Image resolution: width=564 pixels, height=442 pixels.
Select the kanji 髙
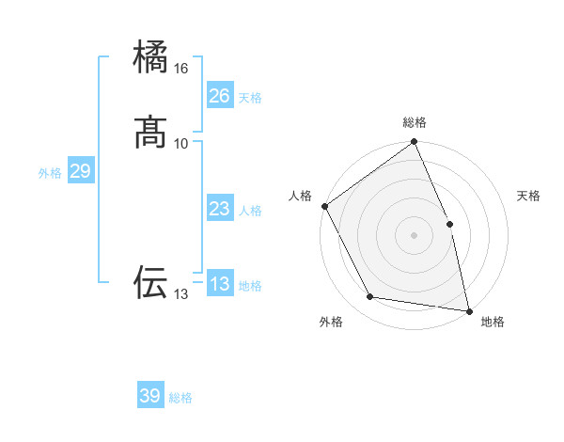click(151, 132)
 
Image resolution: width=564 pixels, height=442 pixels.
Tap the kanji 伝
click(151, 281)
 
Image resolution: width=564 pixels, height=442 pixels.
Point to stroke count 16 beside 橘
click(181, 69)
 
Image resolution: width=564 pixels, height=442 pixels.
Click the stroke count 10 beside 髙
click(181, 143)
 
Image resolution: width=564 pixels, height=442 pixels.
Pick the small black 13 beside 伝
click(181, 294)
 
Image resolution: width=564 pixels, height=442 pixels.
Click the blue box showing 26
click(219, 96)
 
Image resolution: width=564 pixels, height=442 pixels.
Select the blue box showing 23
click(219, 209)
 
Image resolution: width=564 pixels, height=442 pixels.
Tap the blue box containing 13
click(219, 284)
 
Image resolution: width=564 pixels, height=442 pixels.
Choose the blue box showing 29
click(80, 171)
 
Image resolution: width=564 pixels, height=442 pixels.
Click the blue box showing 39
click(150, 396)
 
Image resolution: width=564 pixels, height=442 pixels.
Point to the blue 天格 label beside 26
click(250, 98)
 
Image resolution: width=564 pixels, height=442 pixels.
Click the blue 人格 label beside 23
click(250, 211)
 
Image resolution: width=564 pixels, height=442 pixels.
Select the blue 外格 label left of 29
click(50, 173)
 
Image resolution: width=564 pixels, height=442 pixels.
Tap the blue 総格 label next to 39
click(180, 398)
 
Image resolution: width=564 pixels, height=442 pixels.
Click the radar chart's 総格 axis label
click(415, 122)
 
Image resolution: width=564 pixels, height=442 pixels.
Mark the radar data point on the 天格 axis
click(449, 224)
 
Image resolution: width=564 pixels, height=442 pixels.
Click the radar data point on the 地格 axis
click(469, 310)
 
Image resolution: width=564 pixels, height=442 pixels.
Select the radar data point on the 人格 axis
click(324, 206)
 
